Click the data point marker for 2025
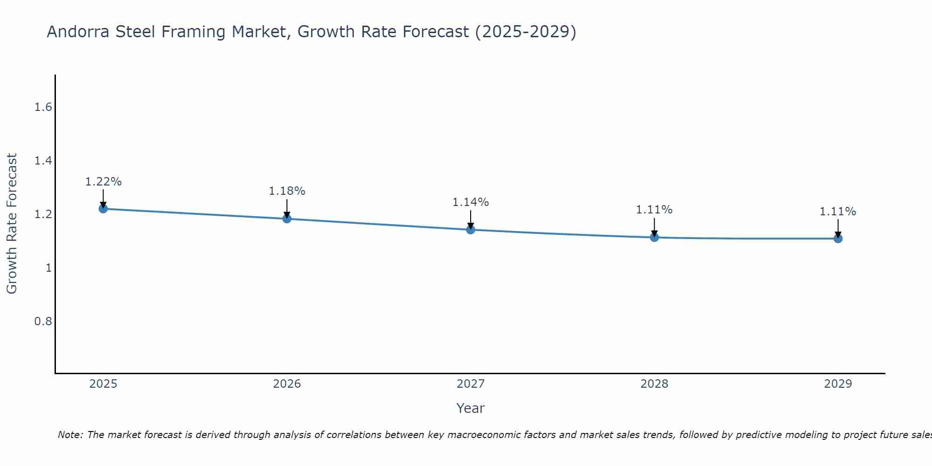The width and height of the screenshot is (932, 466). [103, 208]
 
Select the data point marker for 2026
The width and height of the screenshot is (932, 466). [287, 219]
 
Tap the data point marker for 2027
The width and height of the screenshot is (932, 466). [470, 229]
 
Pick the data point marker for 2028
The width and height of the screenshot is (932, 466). [654, 237]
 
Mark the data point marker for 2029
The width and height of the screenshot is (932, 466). [838, 239]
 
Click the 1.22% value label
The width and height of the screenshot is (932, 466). [103, 182]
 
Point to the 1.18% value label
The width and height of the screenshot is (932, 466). [287, 191]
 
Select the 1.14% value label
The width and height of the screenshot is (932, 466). [470, 202]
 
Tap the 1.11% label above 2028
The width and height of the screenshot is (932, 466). [654, 210]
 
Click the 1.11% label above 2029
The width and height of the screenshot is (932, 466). [838, 212]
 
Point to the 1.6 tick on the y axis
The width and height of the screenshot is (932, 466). [43, 108]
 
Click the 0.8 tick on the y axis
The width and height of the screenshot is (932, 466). [43, 322]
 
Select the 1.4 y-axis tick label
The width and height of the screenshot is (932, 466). [43, 161]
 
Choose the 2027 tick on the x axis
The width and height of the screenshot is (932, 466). [470, 384]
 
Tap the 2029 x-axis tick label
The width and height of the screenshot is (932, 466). [838, 384]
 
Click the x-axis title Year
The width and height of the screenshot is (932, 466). [470, 408]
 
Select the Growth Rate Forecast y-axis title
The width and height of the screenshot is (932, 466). [12, 224]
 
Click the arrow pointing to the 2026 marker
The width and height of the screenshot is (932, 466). [287, 208]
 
